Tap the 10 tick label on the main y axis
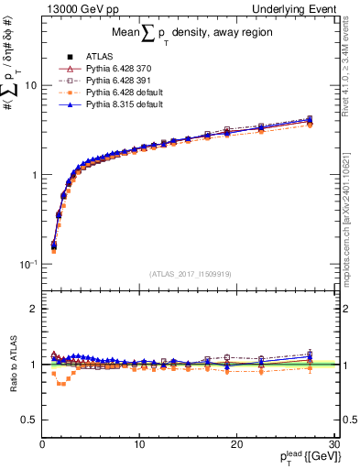29,85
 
